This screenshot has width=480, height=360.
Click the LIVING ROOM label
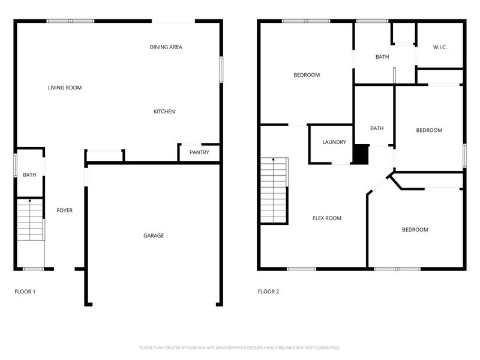pyautogui.click(x=65, y=88)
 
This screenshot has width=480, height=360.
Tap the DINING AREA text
pyautogui.click(x=166, y=47)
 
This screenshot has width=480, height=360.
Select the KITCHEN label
pyautogui.click(x=164, y=112)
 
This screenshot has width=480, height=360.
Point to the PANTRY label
pyautogui.click(x=199, y=152)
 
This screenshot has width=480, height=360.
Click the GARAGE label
pyautogui.click(x=154, y=236)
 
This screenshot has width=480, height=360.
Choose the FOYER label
pyautogui.click(x=64, y=210)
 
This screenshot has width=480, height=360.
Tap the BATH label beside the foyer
pyautogui.click(x=29, y=175)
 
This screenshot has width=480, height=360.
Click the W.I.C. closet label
pyautogui.click(x=440, y=47)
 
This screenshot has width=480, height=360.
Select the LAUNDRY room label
pyautogui.click(x=334, y=142)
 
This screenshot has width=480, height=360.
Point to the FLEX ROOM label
pyautogui.click(x=327, y=218)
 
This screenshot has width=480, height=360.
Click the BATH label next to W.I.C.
pyautogui.click(x=382, y=57)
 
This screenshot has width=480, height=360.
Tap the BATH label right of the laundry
pyautogui.click(x=377, y=128)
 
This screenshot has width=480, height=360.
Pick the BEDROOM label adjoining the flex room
pyautogui.click(x=415, y=230)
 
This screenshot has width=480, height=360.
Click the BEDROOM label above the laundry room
pyautogui.click(x=307, y=75)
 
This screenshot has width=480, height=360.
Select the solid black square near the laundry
pyautogui.click(x=360, y=154)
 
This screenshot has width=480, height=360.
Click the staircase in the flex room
pyautogui.click(x=274, y=190)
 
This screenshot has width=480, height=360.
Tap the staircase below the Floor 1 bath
pyautogui.click(x=30, y=220)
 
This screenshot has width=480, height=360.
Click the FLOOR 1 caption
pyautogui.click(x=25, y=292)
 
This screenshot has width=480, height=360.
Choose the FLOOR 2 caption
pyautogui.click(x=268, y=292)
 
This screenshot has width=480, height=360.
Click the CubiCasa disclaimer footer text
pyautogui.click(x=240, y=347)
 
